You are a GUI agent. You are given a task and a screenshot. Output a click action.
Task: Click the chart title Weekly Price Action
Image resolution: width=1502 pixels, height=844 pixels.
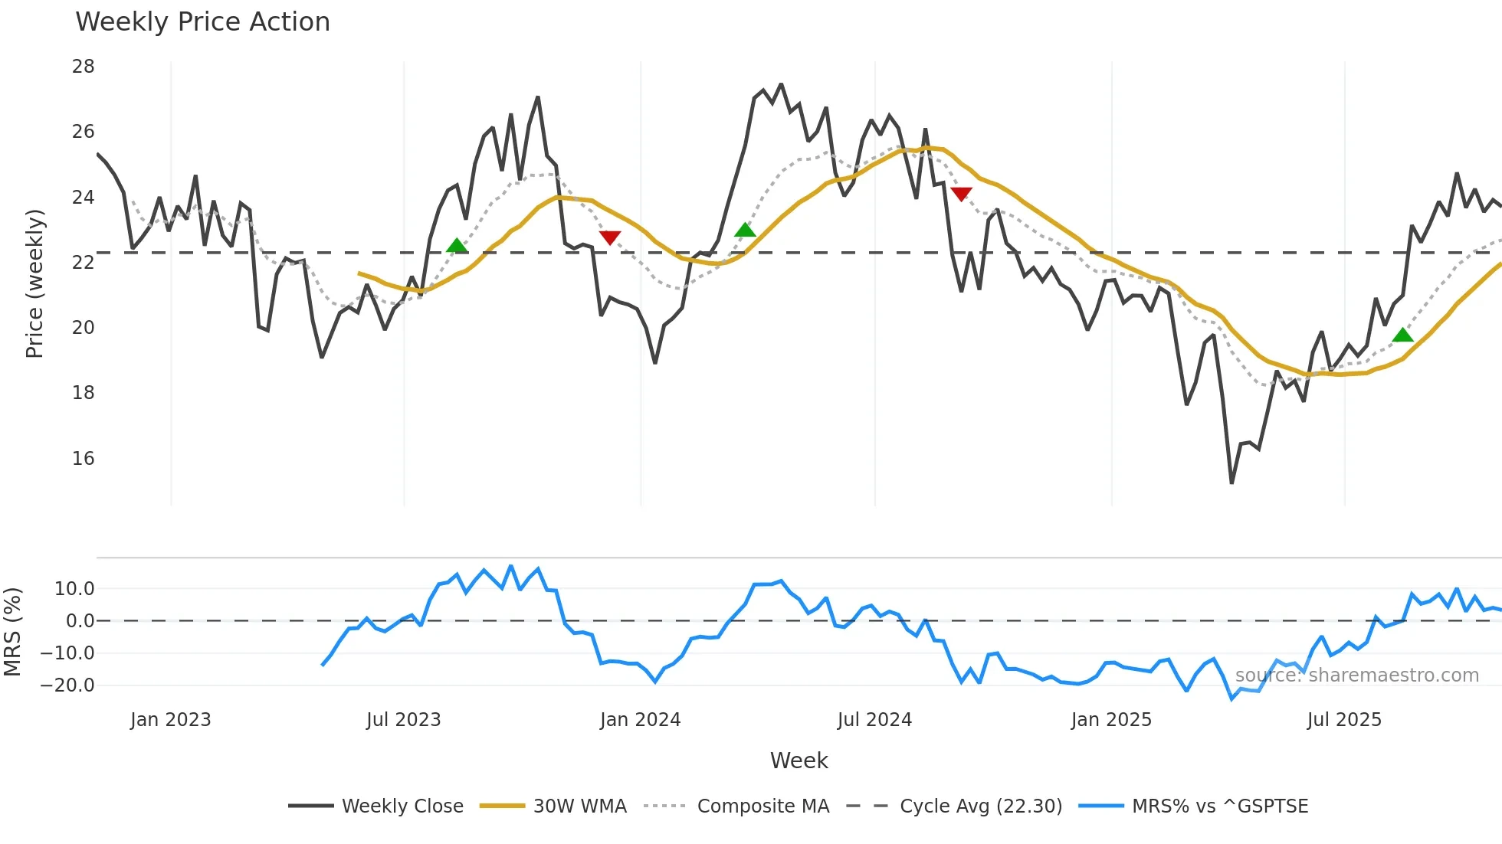coord(202,22)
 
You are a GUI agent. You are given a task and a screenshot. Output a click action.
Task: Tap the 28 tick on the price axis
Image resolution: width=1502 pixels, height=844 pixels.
coord(84,67)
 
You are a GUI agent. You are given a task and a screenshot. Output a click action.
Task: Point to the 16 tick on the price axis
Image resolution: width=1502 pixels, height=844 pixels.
coord(84,459)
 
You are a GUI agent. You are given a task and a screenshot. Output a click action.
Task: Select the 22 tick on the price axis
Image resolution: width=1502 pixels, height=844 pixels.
coord(84,263)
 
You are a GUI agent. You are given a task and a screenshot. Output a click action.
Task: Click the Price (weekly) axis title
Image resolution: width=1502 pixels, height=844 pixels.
coord(34,283)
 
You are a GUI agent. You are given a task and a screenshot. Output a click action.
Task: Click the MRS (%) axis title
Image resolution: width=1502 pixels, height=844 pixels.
coord(12,632)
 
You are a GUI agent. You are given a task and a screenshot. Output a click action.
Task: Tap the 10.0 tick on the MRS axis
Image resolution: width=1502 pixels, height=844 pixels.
coord(74,589)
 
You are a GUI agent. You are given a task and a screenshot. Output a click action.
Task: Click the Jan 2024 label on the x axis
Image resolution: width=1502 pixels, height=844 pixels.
coord(640,720)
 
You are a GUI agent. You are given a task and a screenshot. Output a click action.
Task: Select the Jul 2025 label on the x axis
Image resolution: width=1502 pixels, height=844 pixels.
coord(1344,720)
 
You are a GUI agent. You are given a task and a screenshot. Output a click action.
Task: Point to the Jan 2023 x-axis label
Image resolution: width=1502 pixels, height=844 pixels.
coord(170,720)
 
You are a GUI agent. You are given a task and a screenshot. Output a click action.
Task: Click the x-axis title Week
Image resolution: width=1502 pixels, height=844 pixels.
coord(799,761)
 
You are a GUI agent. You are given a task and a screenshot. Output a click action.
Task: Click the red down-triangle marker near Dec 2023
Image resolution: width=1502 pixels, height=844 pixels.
coord(610,237)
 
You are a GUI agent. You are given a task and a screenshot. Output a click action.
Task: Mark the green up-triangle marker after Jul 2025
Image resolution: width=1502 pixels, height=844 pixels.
coord(1402,335)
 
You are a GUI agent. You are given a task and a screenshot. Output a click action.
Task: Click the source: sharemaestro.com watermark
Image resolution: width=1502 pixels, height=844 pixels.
coord(1356,676)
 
